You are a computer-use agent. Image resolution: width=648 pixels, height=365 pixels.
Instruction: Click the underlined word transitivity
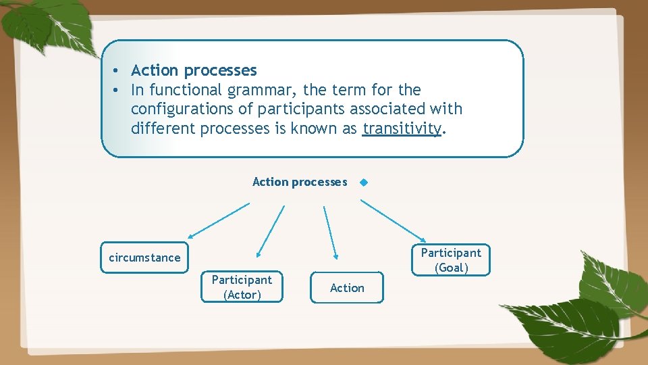[401, 128]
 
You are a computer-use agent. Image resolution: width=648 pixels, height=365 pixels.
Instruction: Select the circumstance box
[144, 258]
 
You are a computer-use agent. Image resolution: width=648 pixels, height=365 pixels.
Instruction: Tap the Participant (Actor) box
[242, 287]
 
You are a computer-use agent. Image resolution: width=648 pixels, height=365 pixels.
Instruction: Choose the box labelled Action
[347, 288]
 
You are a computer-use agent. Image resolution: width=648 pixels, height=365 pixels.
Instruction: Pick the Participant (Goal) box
[451, 260]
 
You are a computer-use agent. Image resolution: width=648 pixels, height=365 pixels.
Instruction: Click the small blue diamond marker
[364, 182]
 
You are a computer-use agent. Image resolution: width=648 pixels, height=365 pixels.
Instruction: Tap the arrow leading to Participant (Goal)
[393, 220]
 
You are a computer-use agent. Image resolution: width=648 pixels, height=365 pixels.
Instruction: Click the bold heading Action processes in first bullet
[194, 70]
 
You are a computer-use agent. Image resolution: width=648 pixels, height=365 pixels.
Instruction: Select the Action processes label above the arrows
[300, 182]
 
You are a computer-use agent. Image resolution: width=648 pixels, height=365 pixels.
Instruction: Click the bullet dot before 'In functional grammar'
[117, 90]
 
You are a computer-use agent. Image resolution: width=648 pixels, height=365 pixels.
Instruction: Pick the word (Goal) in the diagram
[451, 268]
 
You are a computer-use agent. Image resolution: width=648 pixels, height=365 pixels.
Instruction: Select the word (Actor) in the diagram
[242, 295]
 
